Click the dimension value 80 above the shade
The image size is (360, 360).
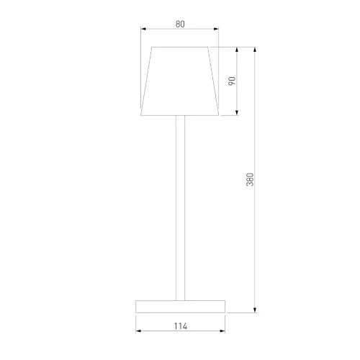(179, 24)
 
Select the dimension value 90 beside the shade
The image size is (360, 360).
(232, 81)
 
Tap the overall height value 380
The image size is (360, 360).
(250, 180)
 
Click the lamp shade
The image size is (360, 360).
(179, 81)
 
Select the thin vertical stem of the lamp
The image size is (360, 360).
(179, 209)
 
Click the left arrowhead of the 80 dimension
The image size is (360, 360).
(144, 30)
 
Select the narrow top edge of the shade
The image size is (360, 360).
(179, 48)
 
